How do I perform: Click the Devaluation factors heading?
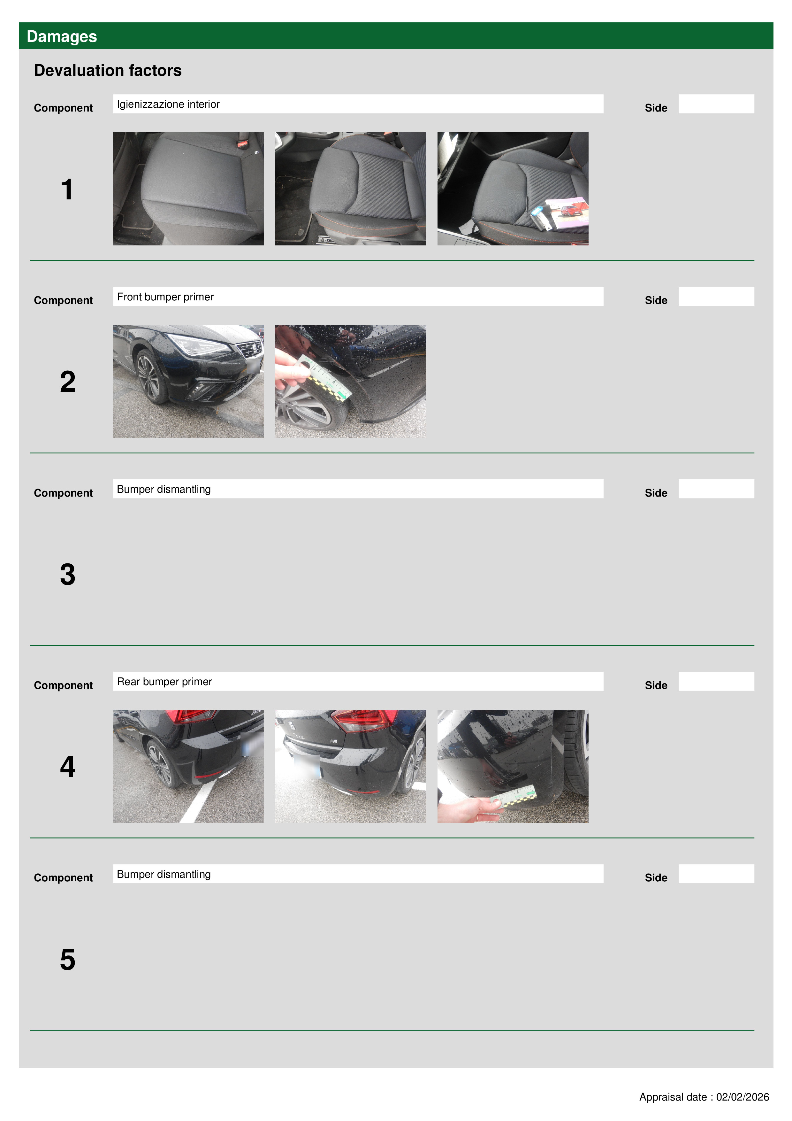click(x=108, y=70)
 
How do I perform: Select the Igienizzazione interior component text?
click(x=168, y=104)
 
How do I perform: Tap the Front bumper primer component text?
click(x=165, y=297)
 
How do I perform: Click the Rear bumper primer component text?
click(x=164, y=682)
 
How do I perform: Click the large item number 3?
click(x=68, y=574)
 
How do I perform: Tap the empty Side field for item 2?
click(x=716, y=296)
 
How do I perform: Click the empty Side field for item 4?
click(x=716, y=681)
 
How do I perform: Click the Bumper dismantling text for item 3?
click(x=164, y=489)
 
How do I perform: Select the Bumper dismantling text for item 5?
click(x=164, y=874)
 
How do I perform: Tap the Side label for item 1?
click(x=656, y=108)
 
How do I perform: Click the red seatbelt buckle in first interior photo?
click(x=242, y=143)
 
